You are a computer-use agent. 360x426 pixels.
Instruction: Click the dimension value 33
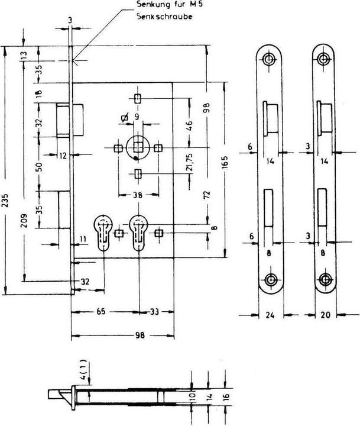(157, 310)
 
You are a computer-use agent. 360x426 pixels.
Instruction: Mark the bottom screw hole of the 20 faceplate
(324, 280)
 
